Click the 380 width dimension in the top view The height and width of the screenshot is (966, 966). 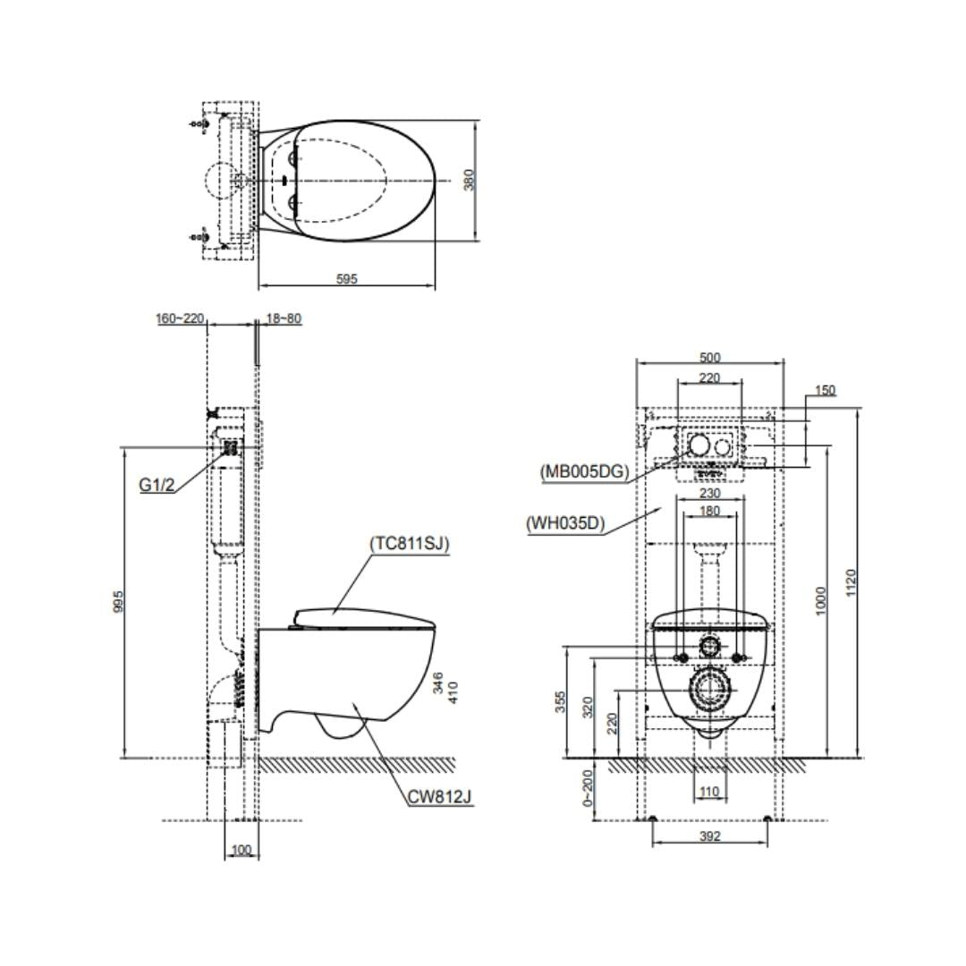click(469, 179)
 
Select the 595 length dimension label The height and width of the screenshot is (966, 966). click(346, 279)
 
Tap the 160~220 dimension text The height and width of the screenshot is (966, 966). click(181, 318)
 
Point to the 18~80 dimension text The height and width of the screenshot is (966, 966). click(284, 318)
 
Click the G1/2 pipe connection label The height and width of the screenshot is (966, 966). click(157, 485)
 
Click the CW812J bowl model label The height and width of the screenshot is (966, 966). click(439, 796)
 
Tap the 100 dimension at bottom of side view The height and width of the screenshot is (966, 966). click(241, 850)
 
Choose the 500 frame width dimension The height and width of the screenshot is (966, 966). click(709, 358)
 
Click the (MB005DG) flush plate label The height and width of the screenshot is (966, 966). click(584, 471)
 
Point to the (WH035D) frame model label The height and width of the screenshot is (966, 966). click(565, 523)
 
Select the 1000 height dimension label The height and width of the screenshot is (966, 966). click(821, 600)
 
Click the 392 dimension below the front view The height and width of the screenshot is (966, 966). click(709, 836)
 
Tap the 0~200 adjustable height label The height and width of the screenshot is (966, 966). click(587, 789)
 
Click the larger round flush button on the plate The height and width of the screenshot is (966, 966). click(699, 444)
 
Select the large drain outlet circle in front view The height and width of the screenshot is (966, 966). click(710, 690)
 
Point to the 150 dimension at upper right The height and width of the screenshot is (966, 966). click(826, 391)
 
